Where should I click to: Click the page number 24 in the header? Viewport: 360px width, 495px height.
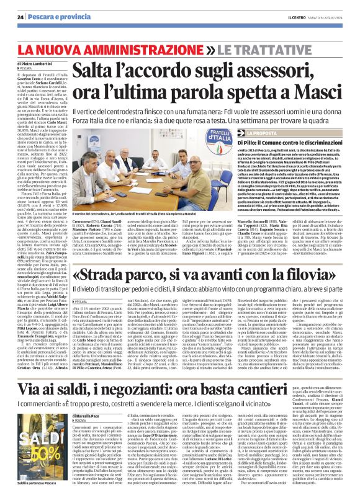(x=20, y=16)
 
